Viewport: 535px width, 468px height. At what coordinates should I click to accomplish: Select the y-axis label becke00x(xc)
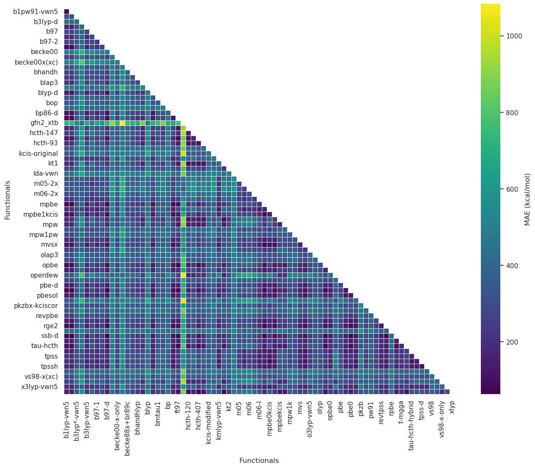pyautogui.click(x=36, y=62)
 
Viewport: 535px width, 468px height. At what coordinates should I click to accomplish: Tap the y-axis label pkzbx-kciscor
pyautogui.click(x=36, y=305)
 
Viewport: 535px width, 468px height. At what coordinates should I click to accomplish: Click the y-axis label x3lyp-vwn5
pyautogui.click(x=40, y=386)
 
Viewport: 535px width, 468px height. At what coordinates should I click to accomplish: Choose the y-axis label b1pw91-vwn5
pyautogui.click(x=36, y=11)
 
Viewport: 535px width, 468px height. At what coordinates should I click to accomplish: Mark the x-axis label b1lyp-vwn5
pyautogui.click(x=66, y=416)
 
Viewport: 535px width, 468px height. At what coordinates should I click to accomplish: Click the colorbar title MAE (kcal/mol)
pyautogui.click(x=527, y=199)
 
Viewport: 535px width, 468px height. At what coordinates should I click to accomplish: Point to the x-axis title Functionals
pyautogui.click(x=259, y=461)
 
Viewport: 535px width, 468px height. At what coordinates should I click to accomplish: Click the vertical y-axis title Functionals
pyautogui.click(x=8, y=200)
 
